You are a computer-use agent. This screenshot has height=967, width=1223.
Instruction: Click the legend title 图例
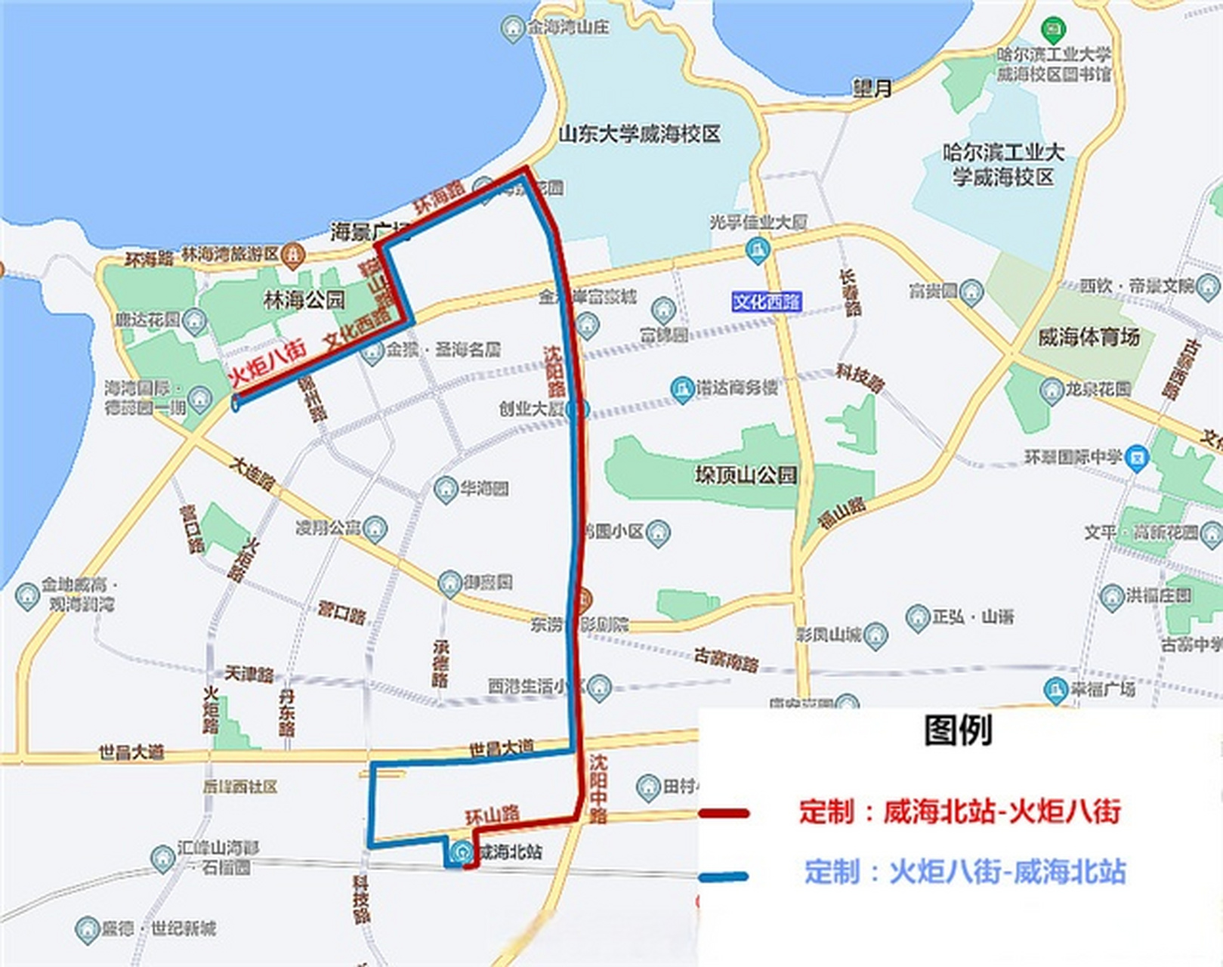tap(957, 730)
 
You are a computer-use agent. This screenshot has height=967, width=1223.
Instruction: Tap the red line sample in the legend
tap(724, 814)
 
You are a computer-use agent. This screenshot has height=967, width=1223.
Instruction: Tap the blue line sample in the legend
tap(724, 876)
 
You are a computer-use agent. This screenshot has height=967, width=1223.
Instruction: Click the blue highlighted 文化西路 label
tap(766, 302)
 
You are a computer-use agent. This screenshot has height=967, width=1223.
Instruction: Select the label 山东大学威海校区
tap(639, 134)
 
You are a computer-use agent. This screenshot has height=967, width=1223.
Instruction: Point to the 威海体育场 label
tap(1088, 337)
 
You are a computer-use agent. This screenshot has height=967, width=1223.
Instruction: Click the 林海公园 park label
tap(304, 300)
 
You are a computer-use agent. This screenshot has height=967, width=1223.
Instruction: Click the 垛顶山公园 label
tap(746, 474)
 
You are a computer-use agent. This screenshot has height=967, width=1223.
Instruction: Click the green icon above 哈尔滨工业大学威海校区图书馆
tap(1053, 31)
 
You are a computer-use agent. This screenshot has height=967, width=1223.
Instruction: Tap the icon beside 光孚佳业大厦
tap(757, 249)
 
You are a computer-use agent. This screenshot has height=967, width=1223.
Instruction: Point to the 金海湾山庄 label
tap(568, 28)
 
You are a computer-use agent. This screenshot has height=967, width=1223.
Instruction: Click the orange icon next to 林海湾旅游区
tap(292, 255)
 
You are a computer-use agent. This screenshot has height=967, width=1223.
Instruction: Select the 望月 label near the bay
tap(872, 88)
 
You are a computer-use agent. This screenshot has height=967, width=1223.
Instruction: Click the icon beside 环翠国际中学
tap(1136, 457)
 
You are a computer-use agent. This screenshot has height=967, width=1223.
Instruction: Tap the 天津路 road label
tap(249, 673)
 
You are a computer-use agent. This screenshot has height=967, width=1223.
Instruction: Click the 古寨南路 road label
tap(726, 660)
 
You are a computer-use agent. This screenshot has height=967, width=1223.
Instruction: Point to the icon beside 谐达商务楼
tap(682, 389)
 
